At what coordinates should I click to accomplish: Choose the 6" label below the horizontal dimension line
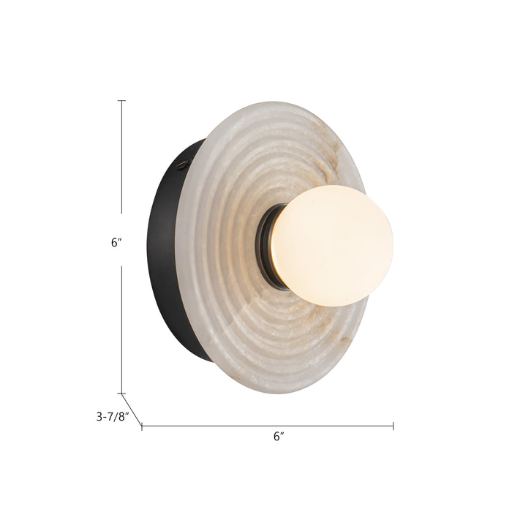(278, 437)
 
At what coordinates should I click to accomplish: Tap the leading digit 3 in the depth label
(99, 418)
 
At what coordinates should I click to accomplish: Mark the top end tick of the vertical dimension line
(121, 101)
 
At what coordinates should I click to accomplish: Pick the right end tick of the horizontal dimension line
(394, 426)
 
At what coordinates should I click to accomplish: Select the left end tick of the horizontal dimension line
(141, 426)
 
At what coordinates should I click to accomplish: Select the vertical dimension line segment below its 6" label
(121, 329)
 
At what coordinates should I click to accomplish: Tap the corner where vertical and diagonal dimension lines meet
(121, 394)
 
